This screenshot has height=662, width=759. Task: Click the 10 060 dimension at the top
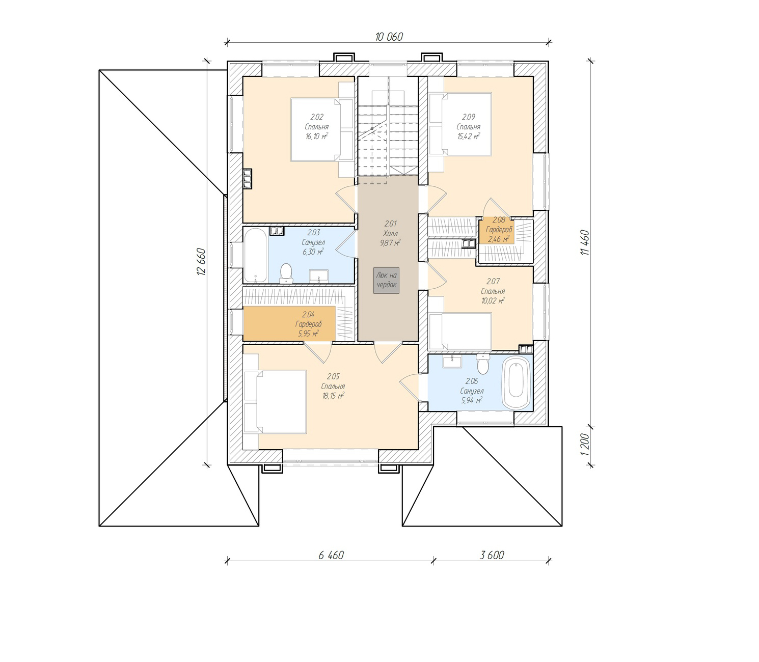389,37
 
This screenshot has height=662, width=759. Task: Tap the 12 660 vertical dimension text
202,262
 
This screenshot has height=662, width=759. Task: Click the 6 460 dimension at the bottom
331,555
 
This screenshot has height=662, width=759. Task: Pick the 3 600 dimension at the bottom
492,555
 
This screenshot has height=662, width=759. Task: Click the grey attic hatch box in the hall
386,280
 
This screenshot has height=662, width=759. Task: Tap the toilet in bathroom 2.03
286,273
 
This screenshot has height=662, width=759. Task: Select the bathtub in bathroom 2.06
516,382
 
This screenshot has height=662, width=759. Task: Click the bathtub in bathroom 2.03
255,255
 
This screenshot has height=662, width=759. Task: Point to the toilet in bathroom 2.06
483,365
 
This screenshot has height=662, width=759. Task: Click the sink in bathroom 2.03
319,275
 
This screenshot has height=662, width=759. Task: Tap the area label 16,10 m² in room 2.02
316,136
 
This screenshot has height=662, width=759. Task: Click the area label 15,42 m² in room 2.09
468,136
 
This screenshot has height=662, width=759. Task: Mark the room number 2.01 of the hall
390,224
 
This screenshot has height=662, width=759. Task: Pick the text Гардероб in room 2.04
308,324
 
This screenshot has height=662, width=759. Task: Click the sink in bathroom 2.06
452,362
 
